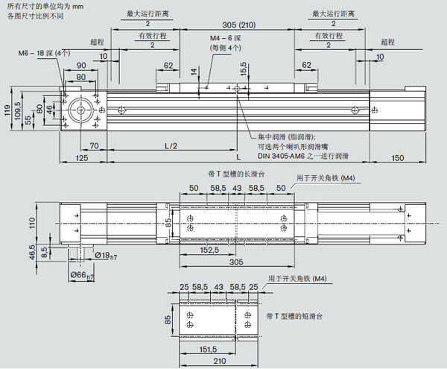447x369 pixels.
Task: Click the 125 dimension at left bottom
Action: point(82,157)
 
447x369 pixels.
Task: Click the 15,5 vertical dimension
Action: point(244,70)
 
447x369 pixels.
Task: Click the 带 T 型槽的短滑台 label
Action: point(295,316)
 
